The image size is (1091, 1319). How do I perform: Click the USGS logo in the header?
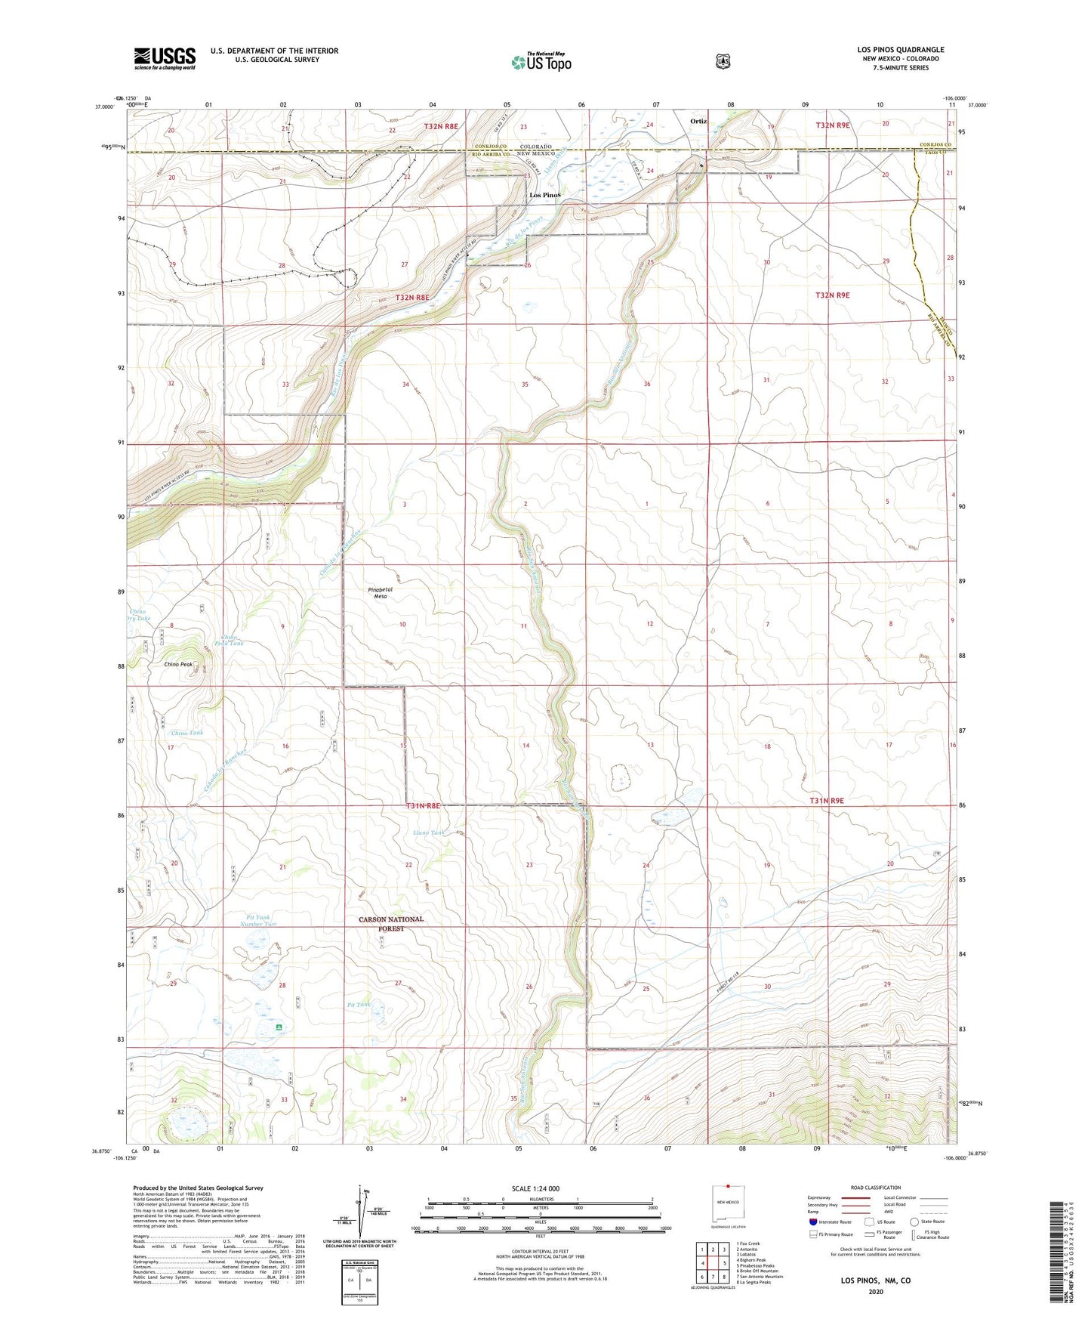pyautogui.click(x=165, y=58)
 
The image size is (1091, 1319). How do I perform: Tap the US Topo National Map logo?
pyautogui.click(x=541, y=61)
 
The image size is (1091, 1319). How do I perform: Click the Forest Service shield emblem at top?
pyautogui.click(x=723, y=60)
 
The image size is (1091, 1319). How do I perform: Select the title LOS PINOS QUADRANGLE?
pyautogui.click(x=900, y=50)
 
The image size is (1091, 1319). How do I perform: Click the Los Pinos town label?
pyautogui.click(x=545, y=195)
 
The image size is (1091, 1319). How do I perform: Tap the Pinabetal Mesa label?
pyautogui.click(x=381, y=592)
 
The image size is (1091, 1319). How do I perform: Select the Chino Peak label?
pyautogui.click(x=179, y=664)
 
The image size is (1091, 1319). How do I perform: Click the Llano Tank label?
pyautogui.click(x=429, y=832)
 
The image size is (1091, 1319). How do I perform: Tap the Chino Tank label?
pyautogui.click(x=186, y=733)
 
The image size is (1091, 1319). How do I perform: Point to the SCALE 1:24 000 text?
pyautogui.click(x=535, y=1188)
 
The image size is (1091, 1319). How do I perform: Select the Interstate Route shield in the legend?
pyautogui.click(x=812, y=1221)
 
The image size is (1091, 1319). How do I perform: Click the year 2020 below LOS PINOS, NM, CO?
pyautogui.click(x=876, y=1291)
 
